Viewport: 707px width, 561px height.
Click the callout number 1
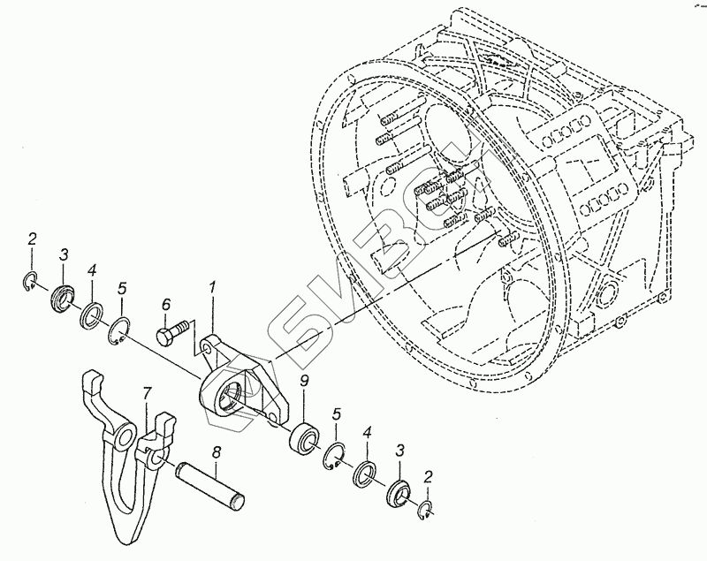pyautogui.click(x=212, y=287)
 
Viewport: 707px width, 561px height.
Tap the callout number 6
pyautogui.click(x=165, y=305)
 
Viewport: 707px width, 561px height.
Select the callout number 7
pyautogui.click(x=148, y=390)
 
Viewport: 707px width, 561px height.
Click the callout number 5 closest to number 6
pyautogui.click(x=123, y=288)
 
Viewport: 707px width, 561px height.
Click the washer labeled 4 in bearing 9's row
pyautogui.click(x=363, y=474)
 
